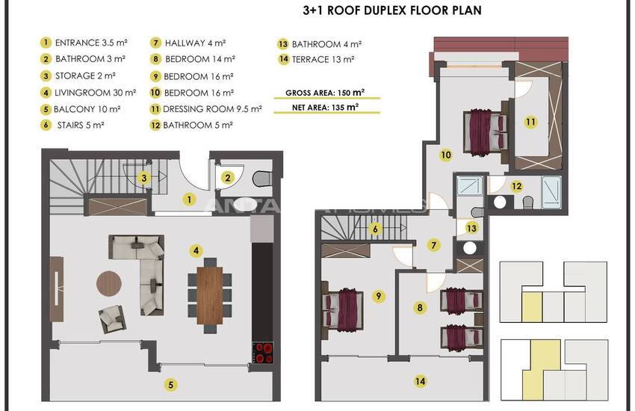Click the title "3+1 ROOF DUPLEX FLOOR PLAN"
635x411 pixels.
coord(392,10)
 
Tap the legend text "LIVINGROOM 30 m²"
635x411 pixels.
coord(95,93)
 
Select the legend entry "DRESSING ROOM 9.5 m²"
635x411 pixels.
coord(212,109)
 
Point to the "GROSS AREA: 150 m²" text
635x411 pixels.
coord(325,93)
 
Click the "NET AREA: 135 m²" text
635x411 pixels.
coord(325,108)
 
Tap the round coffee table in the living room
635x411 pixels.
coord(109,283)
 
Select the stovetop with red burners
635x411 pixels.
coord(263,352)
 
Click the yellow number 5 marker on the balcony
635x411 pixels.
coord(170,385)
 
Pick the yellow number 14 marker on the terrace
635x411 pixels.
coord(420,381)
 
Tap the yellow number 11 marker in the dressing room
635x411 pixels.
coord(530,122)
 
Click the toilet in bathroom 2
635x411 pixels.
coord(262,178)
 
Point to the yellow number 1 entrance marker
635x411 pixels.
coord(189,200)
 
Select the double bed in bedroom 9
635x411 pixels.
coord(343,309)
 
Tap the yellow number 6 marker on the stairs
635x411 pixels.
coord(375,229)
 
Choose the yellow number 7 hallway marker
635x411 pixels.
coord(434,245)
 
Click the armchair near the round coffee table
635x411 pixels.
coord(112,318)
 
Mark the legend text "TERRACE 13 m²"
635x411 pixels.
coord(323,60)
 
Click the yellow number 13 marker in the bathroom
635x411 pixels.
coord(471,228)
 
